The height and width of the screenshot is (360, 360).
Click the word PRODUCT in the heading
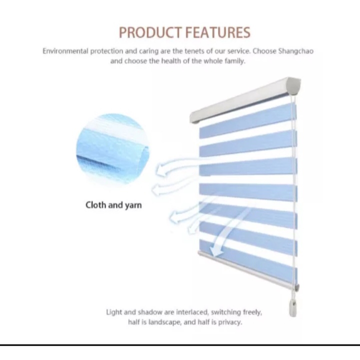coord(150,32)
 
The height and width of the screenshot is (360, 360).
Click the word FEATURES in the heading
coord(217,32)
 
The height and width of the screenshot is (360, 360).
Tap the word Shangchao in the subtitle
coord(295,51)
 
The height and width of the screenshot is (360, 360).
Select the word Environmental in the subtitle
coord(65,51)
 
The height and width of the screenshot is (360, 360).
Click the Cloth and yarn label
coord(113,205)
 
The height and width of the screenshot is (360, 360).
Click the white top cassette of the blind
coord(245,100)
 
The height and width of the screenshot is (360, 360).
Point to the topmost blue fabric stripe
coord(248,120)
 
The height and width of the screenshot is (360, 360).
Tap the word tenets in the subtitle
coord(194,51)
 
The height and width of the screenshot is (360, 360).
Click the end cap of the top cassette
coord(295,86)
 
